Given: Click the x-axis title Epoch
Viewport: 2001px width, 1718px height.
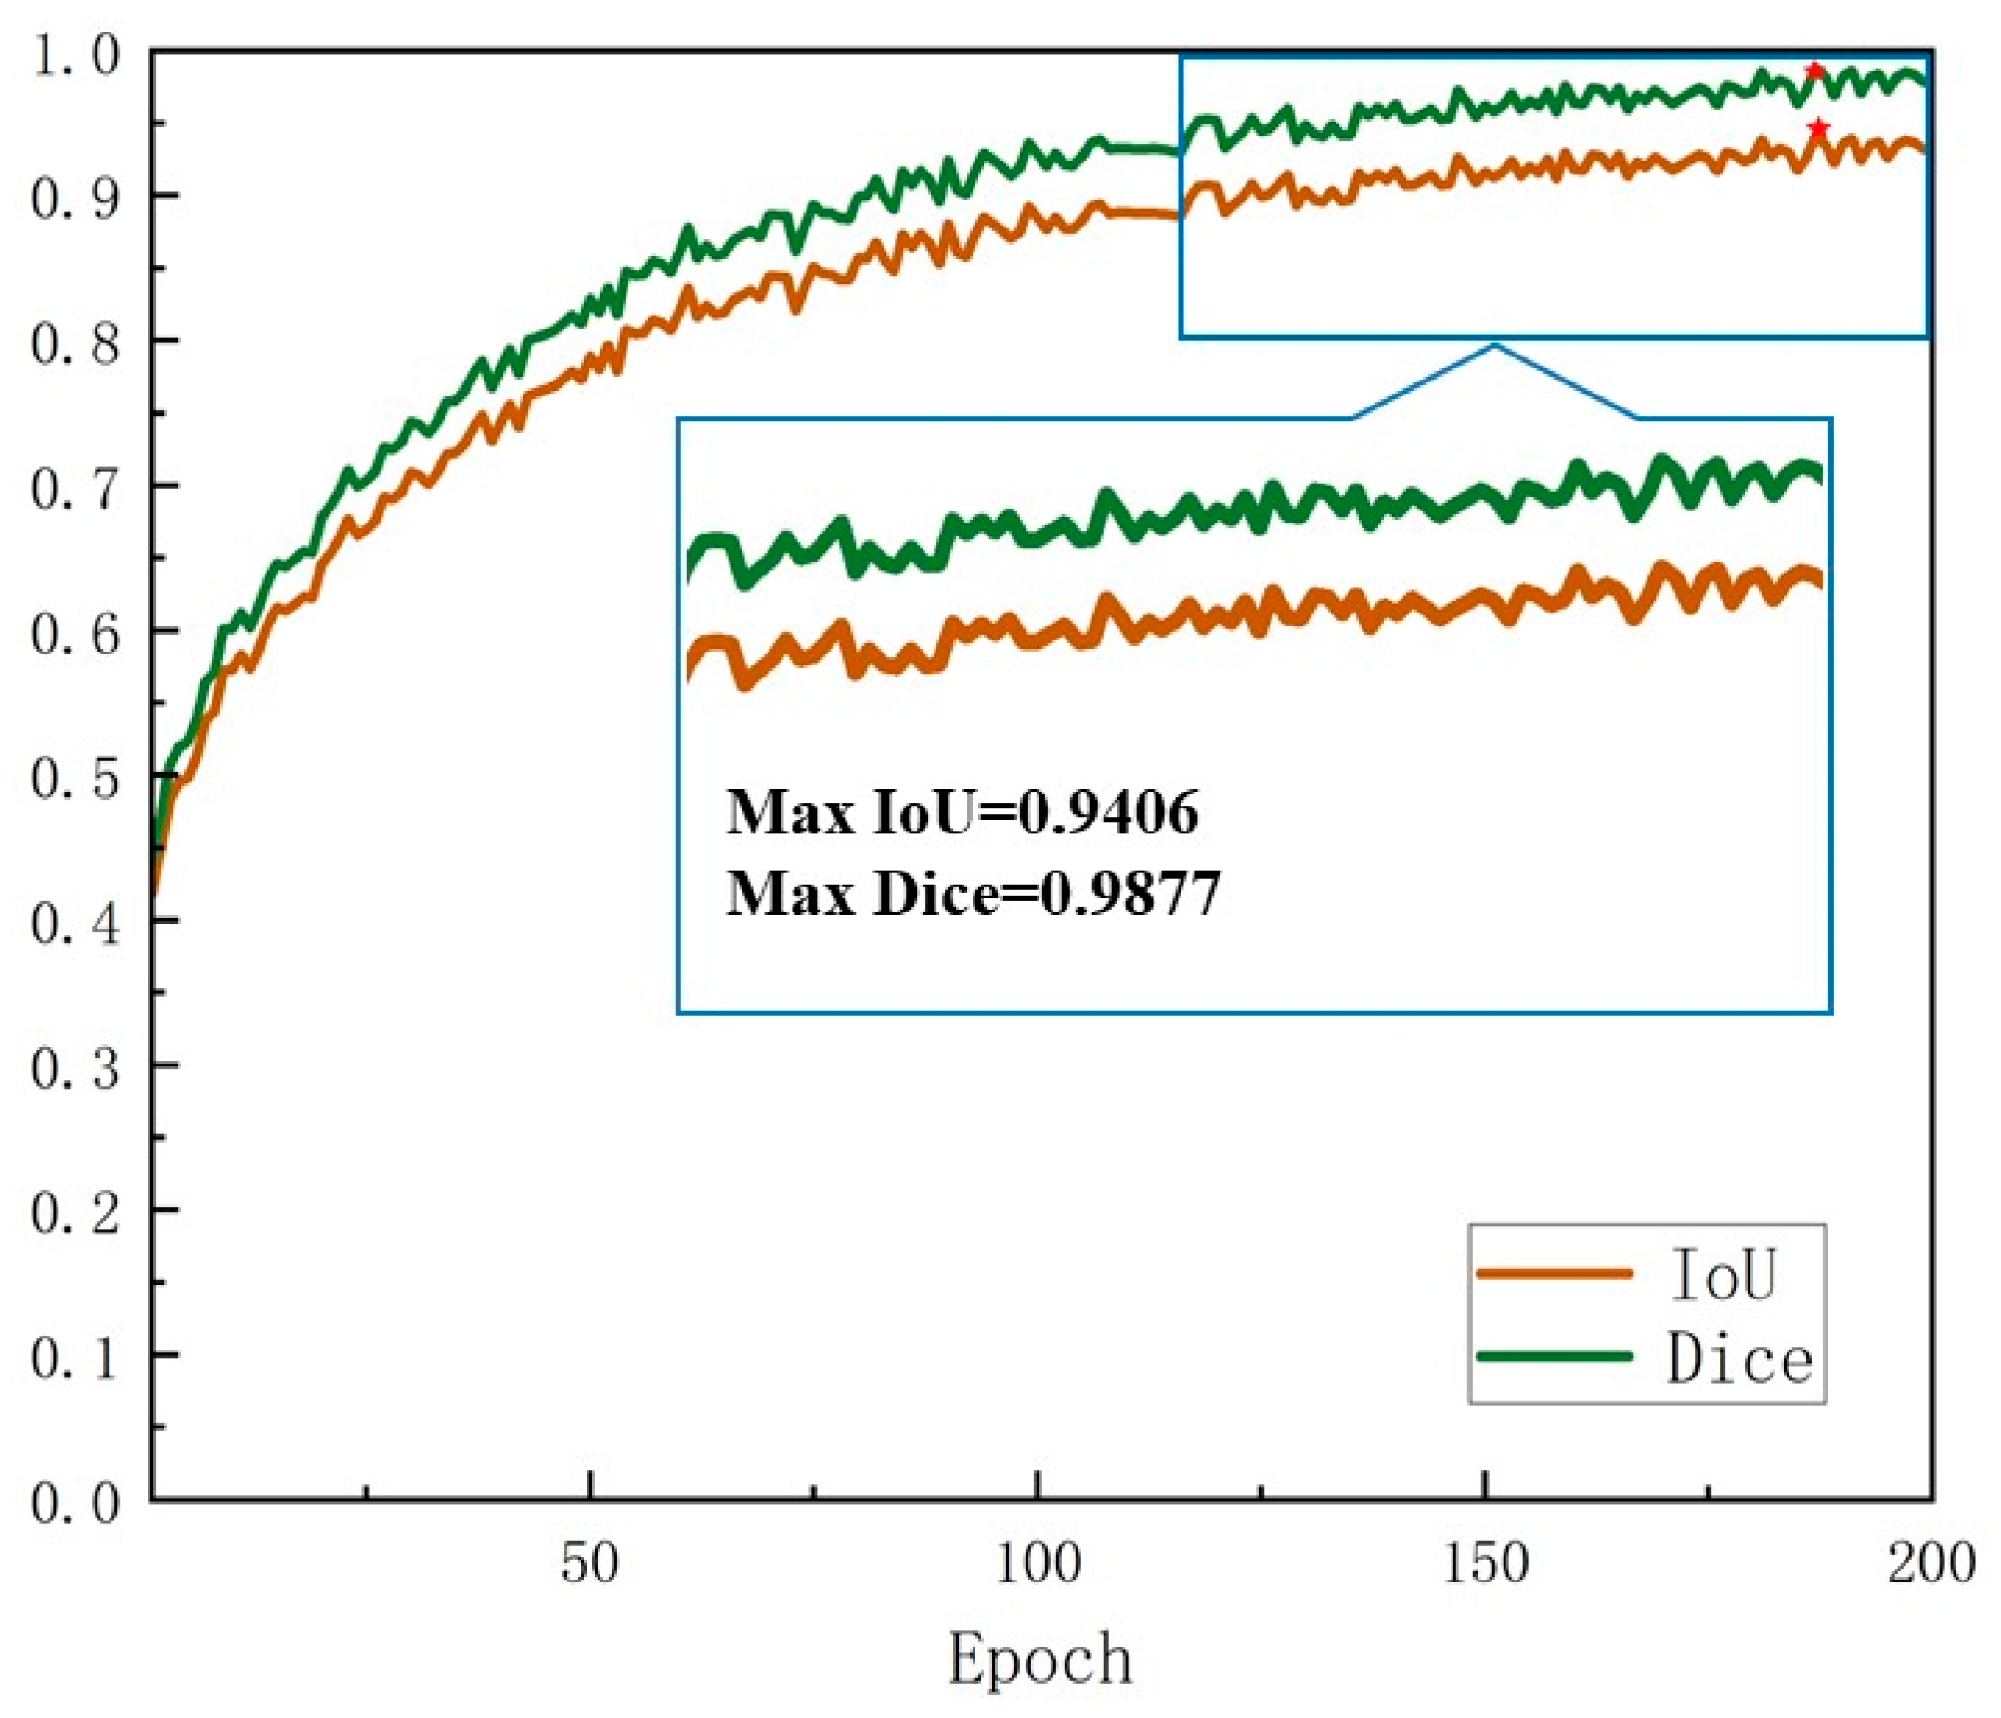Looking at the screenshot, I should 1039,1660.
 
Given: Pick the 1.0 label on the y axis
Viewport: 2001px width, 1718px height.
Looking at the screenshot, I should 75,55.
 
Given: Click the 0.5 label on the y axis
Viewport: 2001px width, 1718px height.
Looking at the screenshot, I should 75,778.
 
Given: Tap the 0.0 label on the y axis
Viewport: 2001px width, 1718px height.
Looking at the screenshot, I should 75,1502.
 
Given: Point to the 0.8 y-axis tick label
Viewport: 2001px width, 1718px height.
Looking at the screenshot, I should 75,342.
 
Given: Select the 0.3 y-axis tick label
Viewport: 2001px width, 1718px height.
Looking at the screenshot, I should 75,1067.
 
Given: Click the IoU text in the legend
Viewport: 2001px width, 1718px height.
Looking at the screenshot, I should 1723,1274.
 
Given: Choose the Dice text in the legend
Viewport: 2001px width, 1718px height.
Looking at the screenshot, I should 1739,1360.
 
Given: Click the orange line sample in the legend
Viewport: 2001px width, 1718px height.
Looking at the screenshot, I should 1555,1273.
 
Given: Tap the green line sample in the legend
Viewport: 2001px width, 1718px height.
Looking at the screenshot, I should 1555,1356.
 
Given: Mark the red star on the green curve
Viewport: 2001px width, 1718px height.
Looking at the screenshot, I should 1814,71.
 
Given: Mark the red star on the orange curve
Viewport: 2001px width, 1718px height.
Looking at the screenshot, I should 1818,128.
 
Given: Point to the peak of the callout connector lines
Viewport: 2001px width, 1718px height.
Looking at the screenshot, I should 1495,344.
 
